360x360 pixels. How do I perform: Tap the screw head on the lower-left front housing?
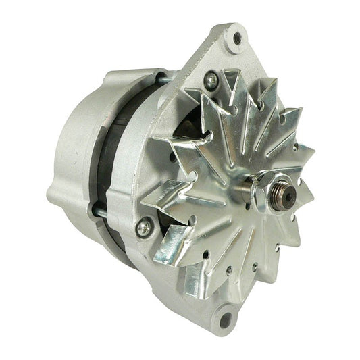coord(143,227)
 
